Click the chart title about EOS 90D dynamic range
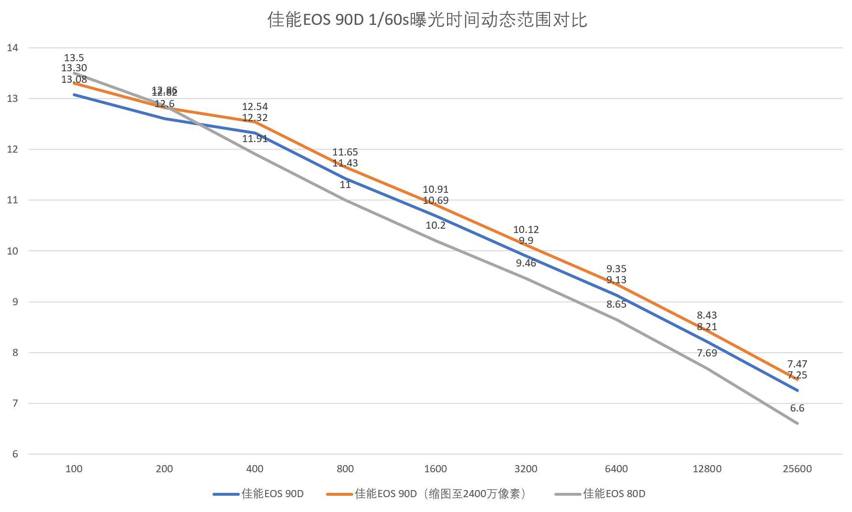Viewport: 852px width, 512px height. coord(427,21)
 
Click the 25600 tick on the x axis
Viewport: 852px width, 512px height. coord(797,469)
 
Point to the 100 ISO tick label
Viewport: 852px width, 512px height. coord(74,469)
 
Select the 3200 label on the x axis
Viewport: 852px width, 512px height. coord(526,469)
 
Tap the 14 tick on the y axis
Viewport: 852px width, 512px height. coord(12,47)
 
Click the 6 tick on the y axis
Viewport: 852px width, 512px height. coord(15,454)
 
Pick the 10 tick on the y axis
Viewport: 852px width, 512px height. coord(12,251)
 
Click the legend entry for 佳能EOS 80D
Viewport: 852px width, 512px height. coord(614,494)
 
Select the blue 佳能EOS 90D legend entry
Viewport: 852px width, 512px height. coord(272,494)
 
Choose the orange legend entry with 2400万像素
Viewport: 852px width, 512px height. coord(439,494)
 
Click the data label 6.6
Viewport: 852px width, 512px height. coord(797,408)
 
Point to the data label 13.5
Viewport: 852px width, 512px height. coord(74,58)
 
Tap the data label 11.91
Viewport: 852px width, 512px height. coord(255,139)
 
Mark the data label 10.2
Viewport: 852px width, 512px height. coord(435,225)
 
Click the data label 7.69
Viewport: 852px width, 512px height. coord(706,353)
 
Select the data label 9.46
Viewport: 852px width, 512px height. coord(526,263)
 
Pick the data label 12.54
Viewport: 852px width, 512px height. coord(255,106)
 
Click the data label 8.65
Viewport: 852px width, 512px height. coord(616,304)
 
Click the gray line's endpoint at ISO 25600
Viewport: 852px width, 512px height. coord(797,423)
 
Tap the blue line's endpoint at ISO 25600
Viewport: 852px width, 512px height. coord(797,390)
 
